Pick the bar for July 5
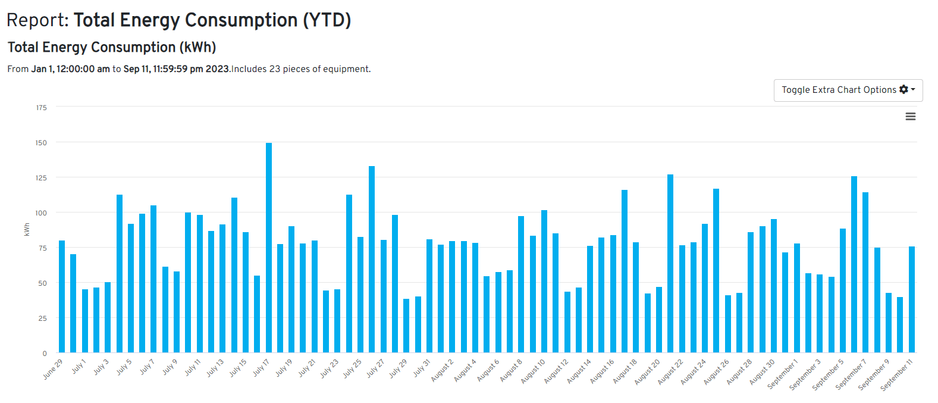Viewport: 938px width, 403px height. (x=120, y=273)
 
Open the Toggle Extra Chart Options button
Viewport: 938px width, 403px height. (x=848, y=90)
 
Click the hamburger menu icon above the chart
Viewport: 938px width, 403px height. (x=910, y=117)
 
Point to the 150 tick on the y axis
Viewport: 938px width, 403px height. (x=41, y=143)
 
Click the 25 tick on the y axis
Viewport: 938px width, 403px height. (x=42, y=318)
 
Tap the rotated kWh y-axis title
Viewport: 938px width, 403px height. (x=27, y=230)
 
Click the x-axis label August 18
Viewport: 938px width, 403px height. (x=625, y=371)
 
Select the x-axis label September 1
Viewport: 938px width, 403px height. (x=783, y=374)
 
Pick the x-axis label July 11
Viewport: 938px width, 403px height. (x=193, y=367)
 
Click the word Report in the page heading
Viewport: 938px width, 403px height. (x=37, y=20)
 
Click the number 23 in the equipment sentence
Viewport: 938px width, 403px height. (x=274, y=69)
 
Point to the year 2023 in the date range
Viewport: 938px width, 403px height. (x=217, y=69)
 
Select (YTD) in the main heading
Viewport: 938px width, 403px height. (x=327, y=20)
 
